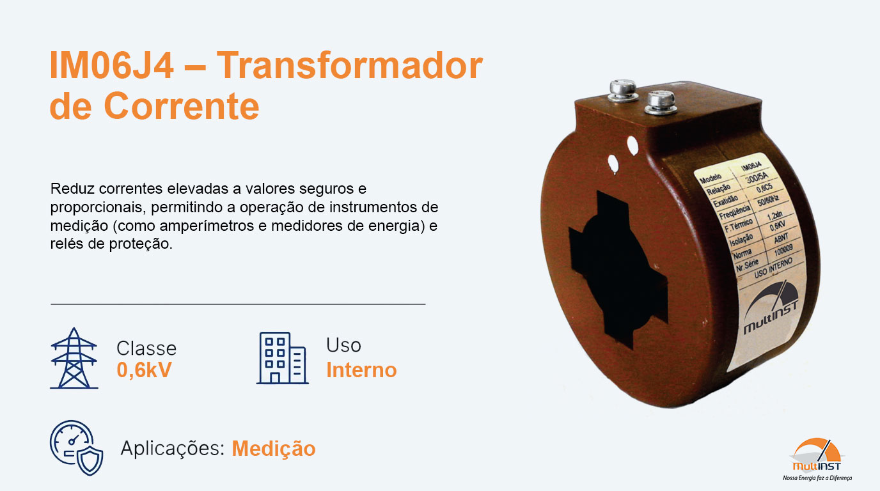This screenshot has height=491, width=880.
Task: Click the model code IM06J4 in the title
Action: tap(111, 66)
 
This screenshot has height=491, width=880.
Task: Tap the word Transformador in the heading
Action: tap(349, 66)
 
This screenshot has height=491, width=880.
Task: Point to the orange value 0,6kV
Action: tap(144, 370)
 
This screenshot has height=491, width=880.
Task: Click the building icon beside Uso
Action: tap(282, 358)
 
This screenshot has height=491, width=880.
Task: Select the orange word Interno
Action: tap(361, 370)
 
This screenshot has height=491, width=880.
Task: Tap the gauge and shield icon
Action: tap(76, 448)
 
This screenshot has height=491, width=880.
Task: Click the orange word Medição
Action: tap(273, 448)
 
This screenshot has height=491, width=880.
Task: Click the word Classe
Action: tap(146, 348)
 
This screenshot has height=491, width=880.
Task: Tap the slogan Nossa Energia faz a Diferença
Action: tap(818, 478)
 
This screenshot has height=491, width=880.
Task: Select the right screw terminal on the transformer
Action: tap(661, 102)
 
